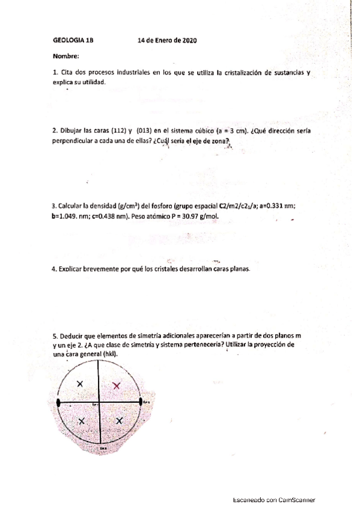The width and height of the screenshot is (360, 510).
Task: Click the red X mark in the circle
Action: coord(117,385)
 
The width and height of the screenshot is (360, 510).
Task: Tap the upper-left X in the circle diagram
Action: coord(80,384)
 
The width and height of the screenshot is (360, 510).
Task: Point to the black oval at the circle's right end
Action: coord(141,401)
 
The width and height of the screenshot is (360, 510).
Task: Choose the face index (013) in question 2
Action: coord(147,130)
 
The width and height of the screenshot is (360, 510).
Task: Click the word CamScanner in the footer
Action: coord(296,500)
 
